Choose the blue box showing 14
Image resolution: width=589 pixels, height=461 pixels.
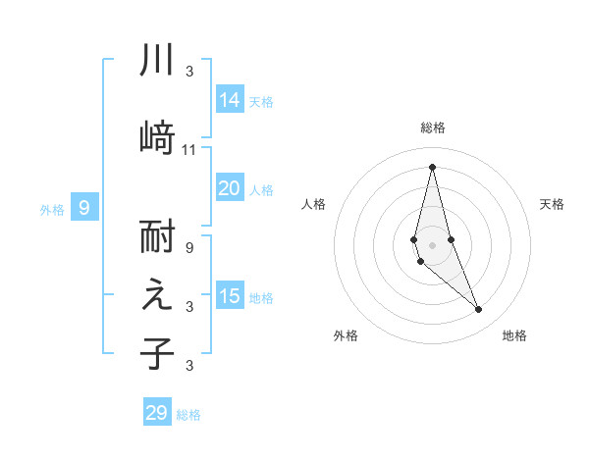coord(230,100)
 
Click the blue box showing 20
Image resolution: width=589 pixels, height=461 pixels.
coord(230,188)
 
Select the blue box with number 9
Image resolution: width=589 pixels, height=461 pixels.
coord(84,207)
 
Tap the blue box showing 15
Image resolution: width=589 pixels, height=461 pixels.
coord(230,296)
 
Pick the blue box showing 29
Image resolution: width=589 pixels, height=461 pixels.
coord(157,413)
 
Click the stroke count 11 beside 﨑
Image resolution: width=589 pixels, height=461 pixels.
coord(189,149)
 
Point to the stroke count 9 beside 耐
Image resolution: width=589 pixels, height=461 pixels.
coord(189,247)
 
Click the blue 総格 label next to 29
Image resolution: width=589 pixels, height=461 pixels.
coord(189,415)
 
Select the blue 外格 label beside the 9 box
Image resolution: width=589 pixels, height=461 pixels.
coord(51,209)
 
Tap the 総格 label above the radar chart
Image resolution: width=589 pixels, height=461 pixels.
coord(433,128)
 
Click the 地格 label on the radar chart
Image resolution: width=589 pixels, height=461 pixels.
coord(514,335)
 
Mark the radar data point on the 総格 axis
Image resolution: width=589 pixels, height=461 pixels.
coord(433,167)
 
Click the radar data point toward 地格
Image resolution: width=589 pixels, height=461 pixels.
coord(479,310)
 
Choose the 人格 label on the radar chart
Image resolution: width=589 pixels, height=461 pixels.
coord(313,204)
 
